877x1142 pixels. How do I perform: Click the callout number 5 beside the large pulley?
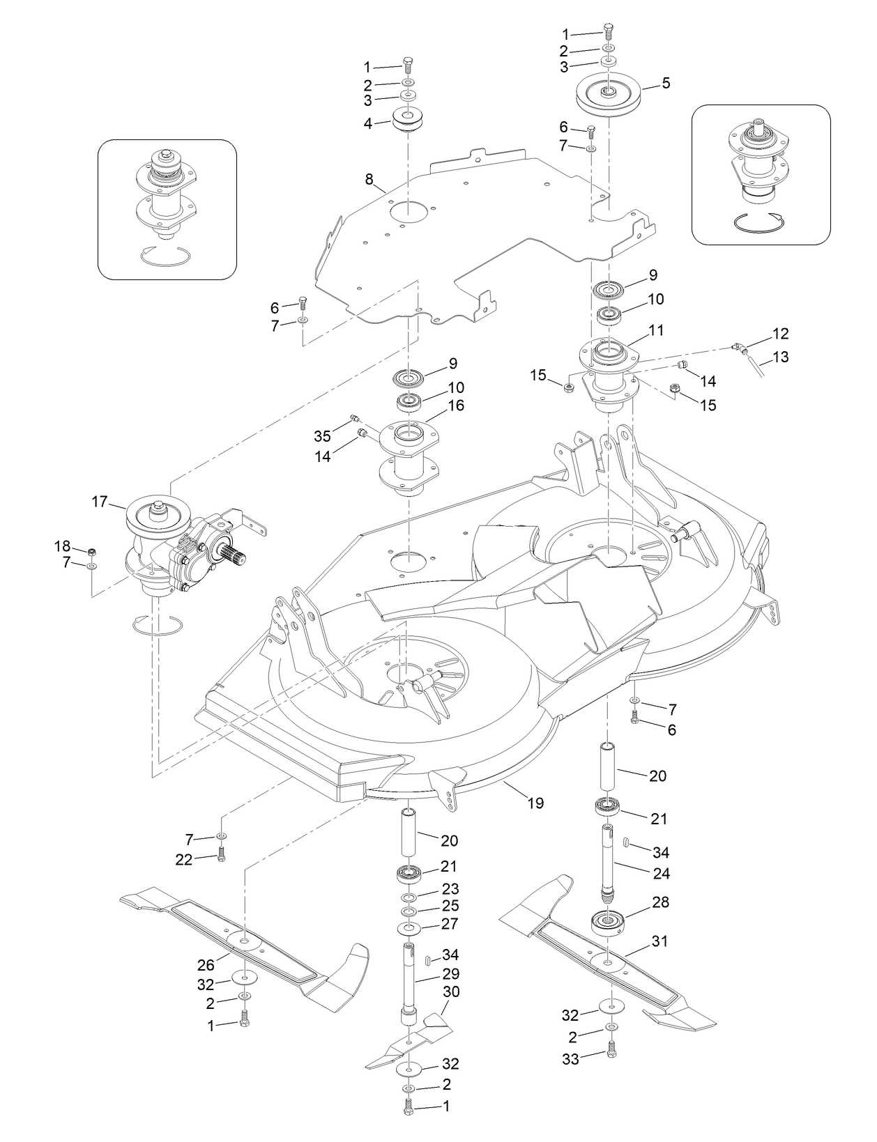666,83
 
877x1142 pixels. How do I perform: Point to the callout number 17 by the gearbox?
100,501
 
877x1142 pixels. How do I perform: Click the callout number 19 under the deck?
535,803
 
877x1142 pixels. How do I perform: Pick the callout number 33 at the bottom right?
571,1060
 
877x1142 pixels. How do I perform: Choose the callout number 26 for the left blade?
206,965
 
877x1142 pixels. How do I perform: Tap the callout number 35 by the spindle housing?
322,436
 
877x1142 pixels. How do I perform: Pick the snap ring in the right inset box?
760,221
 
